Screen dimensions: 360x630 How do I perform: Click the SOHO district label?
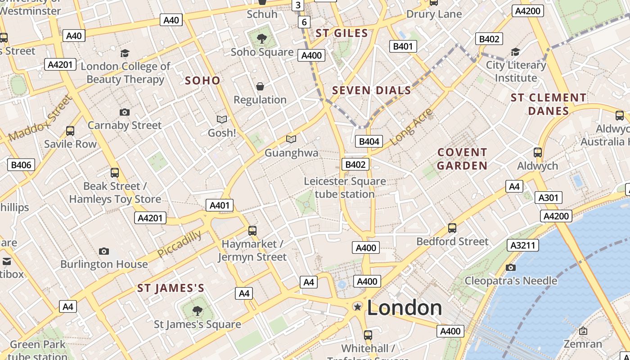[202, 81]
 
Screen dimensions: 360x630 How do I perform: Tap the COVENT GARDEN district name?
[462, 159]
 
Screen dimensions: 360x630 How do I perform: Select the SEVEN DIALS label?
[371, 90]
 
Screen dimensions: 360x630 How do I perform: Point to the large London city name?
[404, 308]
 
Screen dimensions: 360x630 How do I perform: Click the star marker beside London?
[358, 307]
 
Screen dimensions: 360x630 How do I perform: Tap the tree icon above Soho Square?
[262, 39]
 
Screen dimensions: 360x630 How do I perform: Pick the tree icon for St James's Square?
[197, 310]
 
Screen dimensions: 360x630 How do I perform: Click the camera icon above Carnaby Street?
[125, 112]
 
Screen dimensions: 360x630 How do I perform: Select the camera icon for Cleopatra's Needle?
[510, 268]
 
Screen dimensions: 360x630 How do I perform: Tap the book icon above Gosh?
[221, 119]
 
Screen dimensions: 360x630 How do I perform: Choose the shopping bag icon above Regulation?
[260, 86]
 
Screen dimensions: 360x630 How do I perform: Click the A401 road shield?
[220, 205]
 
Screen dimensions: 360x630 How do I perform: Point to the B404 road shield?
[369, 141]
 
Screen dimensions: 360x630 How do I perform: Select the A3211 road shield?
[523, 245]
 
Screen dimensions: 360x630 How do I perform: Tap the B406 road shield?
[21, 165]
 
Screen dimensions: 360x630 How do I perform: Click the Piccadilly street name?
[180, 244]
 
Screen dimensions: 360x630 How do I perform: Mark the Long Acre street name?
[411, 127]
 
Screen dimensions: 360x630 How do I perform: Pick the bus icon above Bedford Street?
[452, 228]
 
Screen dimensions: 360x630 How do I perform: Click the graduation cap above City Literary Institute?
[515, 52]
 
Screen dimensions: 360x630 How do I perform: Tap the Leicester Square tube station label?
[345, 188]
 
